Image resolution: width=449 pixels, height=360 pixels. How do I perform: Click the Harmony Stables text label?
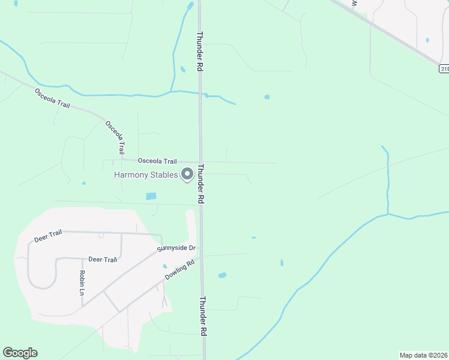click(x=146, y=175)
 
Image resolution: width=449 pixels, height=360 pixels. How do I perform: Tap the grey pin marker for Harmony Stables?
click(x=187, y=175)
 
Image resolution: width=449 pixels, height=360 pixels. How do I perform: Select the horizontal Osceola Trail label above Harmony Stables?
click(x=157, y=161)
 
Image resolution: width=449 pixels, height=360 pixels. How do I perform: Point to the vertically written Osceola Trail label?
click(x=115, y=137)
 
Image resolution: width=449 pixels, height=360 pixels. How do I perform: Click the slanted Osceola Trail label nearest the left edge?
click(x=52, y=98)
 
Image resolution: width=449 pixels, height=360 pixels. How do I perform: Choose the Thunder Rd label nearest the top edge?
click(x=199, y=52)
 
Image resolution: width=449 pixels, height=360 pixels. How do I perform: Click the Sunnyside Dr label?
click(x=176, y=248)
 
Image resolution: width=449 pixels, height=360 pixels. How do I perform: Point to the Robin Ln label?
click(x=82, y=283)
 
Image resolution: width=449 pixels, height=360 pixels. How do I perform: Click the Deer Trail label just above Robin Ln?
click(x=103, y=259)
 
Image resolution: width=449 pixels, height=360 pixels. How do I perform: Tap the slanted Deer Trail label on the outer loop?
click(x=48, y=236)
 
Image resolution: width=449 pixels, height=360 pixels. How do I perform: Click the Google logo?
click(x=20, y=353)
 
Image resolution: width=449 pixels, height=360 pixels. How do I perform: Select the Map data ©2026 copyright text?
click(x=424, y=355)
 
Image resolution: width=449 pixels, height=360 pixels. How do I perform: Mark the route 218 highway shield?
click(x=444, y=69)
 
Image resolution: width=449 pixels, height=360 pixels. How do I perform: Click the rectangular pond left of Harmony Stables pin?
click(x=151, y=196)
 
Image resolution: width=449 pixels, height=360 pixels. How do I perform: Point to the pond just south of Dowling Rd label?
click(x=222, y=275)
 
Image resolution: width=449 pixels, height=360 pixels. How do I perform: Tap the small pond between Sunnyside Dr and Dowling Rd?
click(x=164, y=266)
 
